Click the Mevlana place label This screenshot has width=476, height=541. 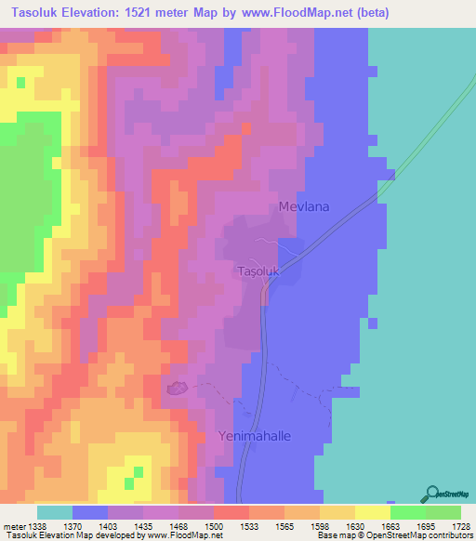point(305,207)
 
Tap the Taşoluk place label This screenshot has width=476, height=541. point(255,271)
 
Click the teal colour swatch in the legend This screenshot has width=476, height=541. point(55,512)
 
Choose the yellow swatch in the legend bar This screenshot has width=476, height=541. point(372,512)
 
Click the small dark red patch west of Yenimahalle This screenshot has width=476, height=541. point(177,389)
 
